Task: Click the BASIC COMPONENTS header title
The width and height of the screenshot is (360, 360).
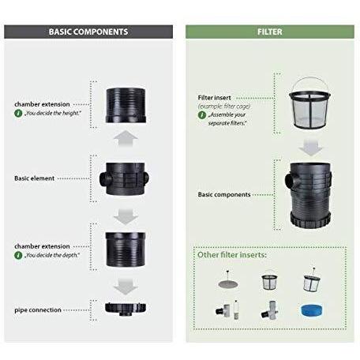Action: pyautogui.click(x=88, y=32)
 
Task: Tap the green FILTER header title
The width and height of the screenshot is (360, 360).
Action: pyautogui.click(x=270, y=32)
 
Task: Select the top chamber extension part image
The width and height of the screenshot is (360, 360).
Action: pyautogui.click(x=126, y=105)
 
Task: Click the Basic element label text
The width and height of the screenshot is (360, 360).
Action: pyautogui.click(x=35, y=178)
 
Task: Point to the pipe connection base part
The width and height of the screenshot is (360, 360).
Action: pyautogui.click(x=126, y=309)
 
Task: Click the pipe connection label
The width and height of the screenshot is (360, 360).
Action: pyautogui.click(x=38, y=310)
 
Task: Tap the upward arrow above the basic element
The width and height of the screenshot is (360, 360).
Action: pyautogui.click(x=126, y=139)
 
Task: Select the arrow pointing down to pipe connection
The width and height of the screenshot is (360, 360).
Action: pyautogui.click(x=126, y=287)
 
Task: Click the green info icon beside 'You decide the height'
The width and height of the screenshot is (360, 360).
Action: pyautogui.click(x=18, y=113)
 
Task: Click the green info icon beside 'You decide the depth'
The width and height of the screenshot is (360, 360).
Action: pyautogui.click(x=18, y=255)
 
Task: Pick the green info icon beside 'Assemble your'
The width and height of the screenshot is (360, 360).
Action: pyautogui.click(x=202, y=115)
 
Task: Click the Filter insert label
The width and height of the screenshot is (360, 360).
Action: pyautogui.click(x=215, y=98)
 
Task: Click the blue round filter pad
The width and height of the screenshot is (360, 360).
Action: pyautogui.click(x=311, y=311)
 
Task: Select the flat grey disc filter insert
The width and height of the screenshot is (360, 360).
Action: pyautogui.click(x=228, y=283)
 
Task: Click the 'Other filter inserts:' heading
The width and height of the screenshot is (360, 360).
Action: pyautogui.click(x=232, y=255)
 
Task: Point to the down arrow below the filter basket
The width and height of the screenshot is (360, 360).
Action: pyautogui.click(x=310, y=148)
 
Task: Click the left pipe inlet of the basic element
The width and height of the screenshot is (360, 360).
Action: pyautogui.click(x=104, y=179)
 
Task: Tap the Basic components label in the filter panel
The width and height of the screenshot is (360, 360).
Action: pyautogui.click(x=224, y=194)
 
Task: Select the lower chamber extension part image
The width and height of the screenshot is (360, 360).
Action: pyautogui.click(x=126, y=249)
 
